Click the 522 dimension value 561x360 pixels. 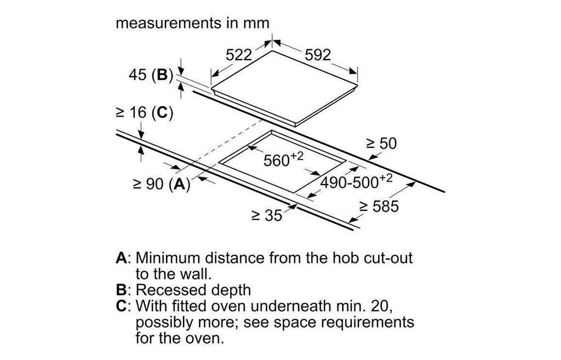click(239, 55)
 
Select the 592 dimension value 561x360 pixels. click(318, 55)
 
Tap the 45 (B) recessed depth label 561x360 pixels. click(151, 75)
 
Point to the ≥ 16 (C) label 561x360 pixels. click(144, 113)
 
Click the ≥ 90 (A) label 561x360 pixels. click(162, 184)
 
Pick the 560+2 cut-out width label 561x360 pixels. click(283, 159)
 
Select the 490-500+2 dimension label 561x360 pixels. click(356, 181)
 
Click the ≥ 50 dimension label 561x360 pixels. click(381, 144)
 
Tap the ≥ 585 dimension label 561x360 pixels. click(379, 207)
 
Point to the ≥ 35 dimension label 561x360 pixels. click(267, 215)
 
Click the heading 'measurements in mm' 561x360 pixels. click(192, 23)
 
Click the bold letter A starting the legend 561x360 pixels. click(121, 258)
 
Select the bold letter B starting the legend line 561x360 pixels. click(121, 290)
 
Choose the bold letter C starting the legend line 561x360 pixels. click(121, 306)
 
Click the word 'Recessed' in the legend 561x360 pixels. click(168, 290)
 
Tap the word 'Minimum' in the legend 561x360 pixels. click(168, 258)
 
